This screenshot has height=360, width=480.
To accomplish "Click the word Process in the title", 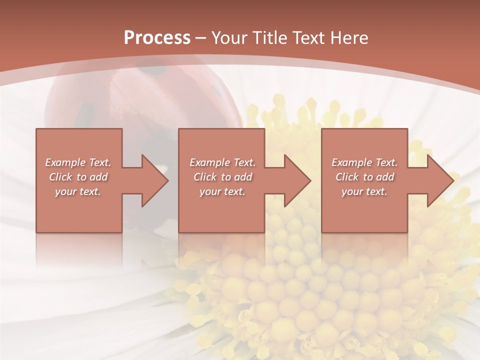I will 157,38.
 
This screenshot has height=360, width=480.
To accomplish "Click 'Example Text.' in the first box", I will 78,162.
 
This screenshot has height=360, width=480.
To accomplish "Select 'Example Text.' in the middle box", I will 222,162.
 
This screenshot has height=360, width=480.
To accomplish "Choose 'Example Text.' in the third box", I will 364,162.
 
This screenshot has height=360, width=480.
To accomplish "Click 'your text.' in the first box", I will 78,191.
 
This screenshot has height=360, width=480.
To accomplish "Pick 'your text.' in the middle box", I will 222,191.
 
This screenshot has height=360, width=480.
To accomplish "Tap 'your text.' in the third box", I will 364,191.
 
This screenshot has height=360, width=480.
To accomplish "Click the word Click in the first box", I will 60,177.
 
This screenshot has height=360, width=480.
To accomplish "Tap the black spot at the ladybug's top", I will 148,71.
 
